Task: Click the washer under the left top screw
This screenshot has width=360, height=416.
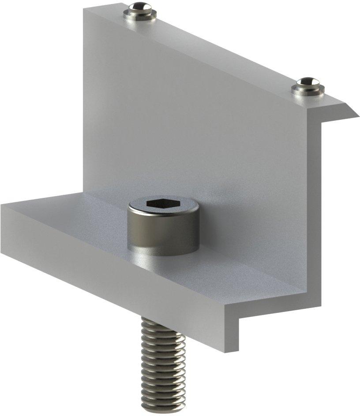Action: [140, 15]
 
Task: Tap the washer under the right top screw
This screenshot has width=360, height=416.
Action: [307, 90]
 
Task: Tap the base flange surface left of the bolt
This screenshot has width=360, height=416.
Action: [79, 216]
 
